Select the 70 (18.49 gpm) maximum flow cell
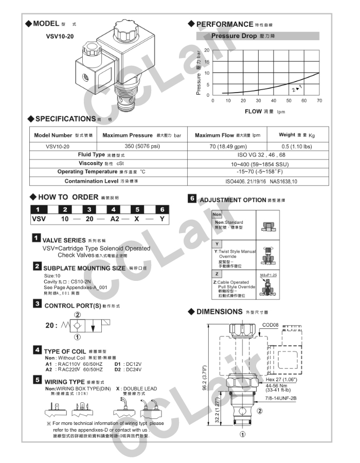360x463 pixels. pos(226,146)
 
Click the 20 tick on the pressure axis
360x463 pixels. pos(207,50)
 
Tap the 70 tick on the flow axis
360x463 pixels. pos(319,101)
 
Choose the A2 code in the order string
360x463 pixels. pos(114,219)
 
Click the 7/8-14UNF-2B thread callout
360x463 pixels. pos(281,398)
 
